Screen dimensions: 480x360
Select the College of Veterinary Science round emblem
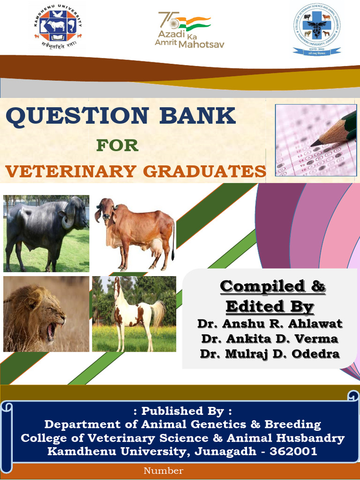point(317,29)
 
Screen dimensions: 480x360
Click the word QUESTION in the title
point(77,115)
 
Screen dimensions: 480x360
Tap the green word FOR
point(117,145)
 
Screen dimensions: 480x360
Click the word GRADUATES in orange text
point(205,172)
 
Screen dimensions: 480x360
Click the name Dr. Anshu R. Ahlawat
point(270,323)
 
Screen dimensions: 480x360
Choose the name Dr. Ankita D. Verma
point(270,338)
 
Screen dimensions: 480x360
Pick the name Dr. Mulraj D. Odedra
point(270,353)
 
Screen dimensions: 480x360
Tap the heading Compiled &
point(273,286)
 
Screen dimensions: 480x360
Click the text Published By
point(182,411)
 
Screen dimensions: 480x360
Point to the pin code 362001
point(294,451)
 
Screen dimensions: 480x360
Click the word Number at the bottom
point(163,471)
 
